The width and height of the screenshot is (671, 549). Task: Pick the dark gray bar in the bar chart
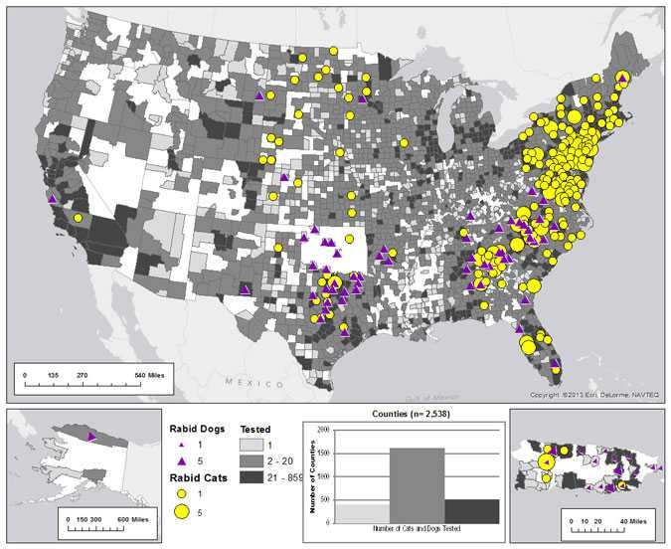471,511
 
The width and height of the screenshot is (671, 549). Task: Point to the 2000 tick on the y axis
325,430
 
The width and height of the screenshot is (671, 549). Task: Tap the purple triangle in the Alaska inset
91,437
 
